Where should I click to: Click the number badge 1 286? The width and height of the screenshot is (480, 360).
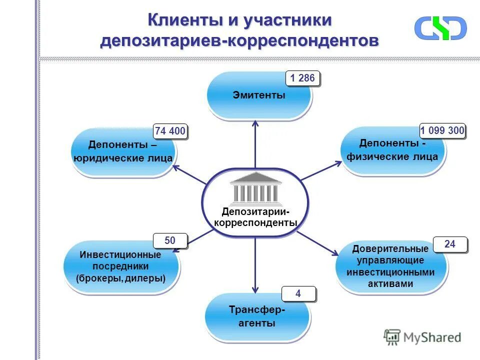point(302,78)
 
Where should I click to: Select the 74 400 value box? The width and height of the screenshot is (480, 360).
point(170,131)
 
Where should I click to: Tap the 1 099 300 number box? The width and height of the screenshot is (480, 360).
point(442,131)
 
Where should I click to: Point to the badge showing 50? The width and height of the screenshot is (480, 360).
point(170,240)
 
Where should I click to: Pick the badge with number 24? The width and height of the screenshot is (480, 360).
point(450,244)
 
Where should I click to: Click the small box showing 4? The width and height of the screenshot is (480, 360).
point(298,293)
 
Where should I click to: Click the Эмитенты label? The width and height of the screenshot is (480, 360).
point(258,95)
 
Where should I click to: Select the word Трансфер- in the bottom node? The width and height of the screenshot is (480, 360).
point(257,310)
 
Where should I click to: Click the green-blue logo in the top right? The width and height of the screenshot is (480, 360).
point(440,28)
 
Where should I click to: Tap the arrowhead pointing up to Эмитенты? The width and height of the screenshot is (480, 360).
point(255,124)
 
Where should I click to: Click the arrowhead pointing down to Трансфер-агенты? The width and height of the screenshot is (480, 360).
point(255,288)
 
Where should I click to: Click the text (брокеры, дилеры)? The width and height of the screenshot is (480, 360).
point(121,278)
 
